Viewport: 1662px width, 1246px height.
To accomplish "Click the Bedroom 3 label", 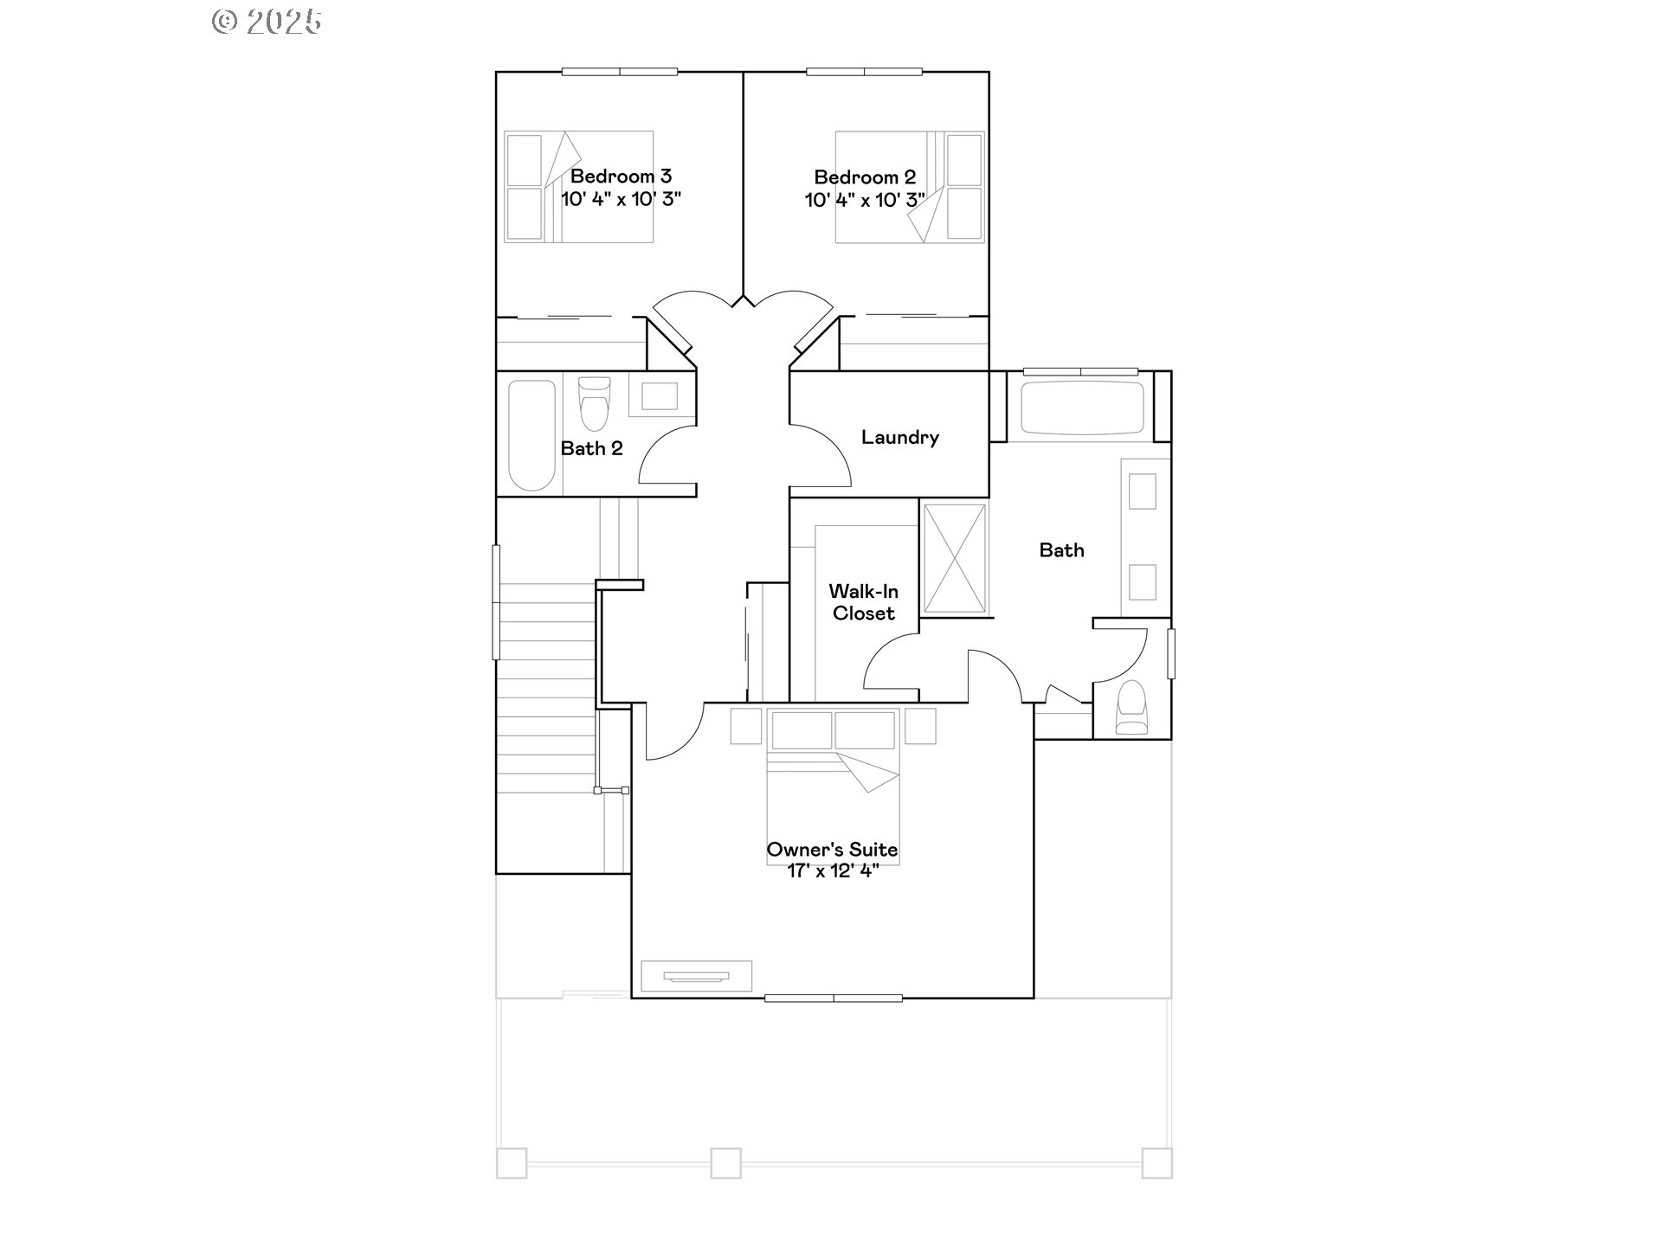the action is pos(621,177).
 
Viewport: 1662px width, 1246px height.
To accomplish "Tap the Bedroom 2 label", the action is pos(865,177).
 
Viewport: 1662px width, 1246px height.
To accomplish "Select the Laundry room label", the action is pos(900,438).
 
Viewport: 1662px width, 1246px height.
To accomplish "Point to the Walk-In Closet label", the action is pos(864,602).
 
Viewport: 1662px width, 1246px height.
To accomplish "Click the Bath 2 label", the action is pos(592,448).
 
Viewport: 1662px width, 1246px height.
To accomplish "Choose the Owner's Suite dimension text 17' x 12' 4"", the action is pos(833,871).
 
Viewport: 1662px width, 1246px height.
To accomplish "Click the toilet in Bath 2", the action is pos(594,403).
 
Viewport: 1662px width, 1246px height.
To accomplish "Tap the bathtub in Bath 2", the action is pos(531,435).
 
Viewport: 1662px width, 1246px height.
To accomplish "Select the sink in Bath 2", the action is pos(659,397).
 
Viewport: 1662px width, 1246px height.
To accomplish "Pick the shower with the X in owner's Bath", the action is pos(955,559).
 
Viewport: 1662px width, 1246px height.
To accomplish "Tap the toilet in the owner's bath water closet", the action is pos(1132,707).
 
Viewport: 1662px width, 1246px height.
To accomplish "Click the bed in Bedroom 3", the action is pos(579,187).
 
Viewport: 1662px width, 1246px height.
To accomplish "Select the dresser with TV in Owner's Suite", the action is pos(696,976).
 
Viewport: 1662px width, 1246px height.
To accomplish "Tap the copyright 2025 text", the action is pos(267,22).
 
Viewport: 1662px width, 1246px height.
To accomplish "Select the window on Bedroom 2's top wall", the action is pos(865,72).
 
